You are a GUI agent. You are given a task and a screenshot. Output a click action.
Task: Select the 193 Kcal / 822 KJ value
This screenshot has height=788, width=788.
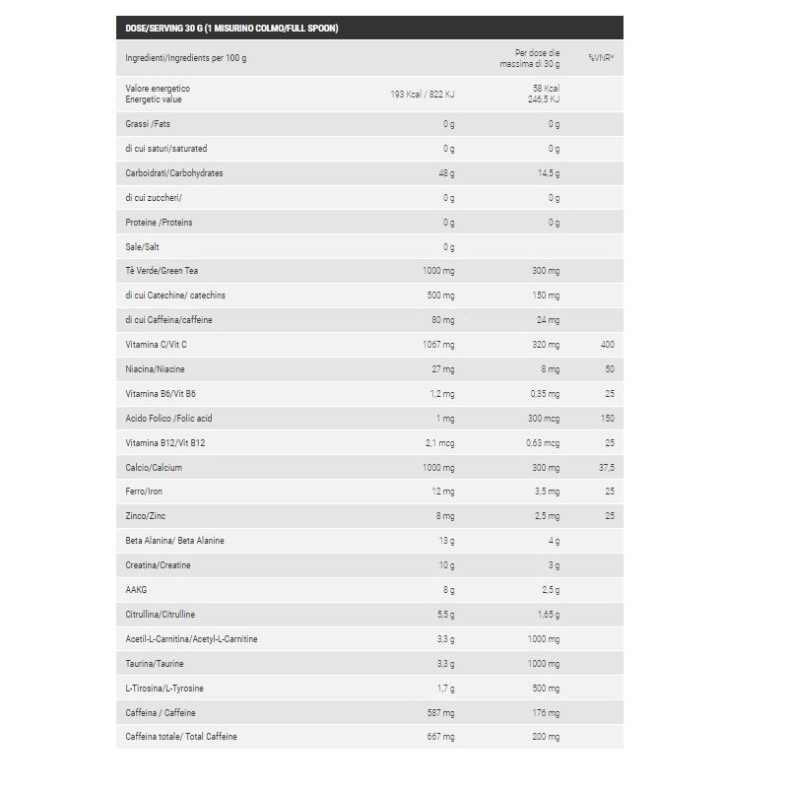[x=423, y=94]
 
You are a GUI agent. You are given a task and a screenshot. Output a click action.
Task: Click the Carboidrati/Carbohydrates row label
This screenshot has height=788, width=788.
[x=174, y=173]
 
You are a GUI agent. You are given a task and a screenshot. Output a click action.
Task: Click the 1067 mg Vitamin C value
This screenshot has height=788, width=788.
[x=438, y=345]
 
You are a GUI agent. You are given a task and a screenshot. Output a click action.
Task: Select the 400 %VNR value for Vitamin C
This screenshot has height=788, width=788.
[x=607, y=345]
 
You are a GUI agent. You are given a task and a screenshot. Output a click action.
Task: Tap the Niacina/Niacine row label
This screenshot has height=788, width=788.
[x=156, y=369]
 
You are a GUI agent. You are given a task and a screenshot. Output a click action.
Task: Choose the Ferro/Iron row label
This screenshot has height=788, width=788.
[x=144, y=492]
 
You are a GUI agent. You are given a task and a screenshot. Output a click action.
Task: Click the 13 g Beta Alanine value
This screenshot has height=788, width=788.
[x=445, y=541]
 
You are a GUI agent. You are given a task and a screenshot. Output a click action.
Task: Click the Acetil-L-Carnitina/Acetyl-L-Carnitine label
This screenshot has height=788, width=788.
[x=192, y=639]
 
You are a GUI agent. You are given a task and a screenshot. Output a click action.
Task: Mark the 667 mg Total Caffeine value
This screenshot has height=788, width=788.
[x=440, y=737]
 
